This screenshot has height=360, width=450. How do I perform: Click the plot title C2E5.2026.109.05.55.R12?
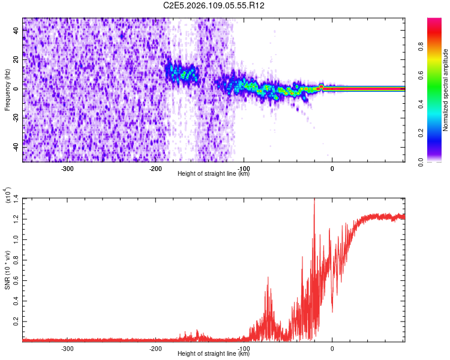point(214,5)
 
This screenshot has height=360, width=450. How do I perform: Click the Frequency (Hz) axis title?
point(7,90)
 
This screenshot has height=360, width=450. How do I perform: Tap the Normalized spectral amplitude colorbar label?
point(446,90)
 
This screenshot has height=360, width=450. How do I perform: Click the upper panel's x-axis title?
point(214,174)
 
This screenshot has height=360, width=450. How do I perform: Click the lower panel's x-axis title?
point(214,354)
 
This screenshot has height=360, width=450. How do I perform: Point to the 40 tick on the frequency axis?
point(16,31)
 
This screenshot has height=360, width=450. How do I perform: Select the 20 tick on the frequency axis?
point(16,59)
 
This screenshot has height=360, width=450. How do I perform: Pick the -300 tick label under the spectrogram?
point(67,169)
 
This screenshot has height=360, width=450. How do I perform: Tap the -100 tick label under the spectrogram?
point(244,169)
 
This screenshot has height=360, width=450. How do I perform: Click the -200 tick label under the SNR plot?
point(155,349)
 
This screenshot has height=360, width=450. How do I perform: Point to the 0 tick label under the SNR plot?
point(332,349)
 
